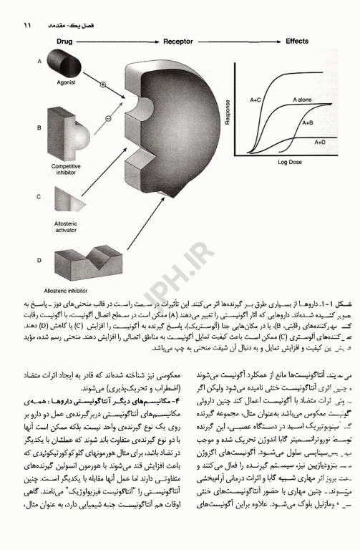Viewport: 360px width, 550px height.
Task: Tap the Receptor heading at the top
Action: pos(179,42)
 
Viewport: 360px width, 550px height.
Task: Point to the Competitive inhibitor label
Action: pos(69,170)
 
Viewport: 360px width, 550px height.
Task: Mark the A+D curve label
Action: pos(319,143)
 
